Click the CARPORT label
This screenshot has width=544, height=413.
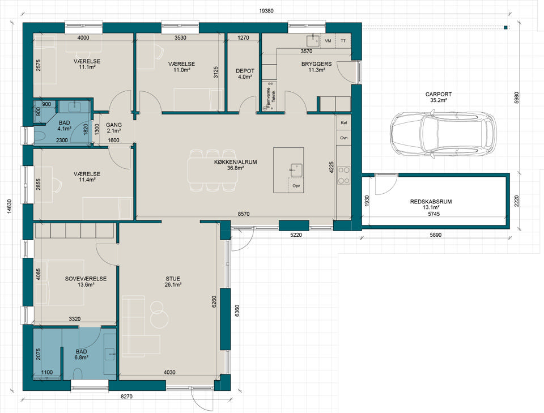439,94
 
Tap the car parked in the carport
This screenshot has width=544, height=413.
443,134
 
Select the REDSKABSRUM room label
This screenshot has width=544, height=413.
431,202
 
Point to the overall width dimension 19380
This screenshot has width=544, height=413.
266,11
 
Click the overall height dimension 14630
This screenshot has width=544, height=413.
10,207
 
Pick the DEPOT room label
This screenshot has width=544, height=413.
245,71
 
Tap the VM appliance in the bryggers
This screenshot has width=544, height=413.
328,41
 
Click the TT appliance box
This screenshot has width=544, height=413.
343,41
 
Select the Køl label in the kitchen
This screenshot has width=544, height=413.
344,123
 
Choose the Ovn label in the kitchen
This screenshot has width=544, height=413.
344,138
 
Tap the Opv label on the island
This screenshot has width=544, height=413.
296,185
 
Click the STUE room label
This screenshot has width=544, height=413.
173,279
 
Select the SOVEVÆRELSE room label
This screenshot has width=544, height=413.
86,279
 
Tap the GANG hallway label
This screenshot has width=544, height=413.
114,125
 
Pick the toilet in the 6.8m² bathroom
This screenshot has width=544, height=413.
78,374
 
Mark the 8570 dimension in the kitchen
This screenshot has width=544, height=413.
244,214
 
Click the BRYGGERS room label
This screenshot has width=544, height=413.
316,64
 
